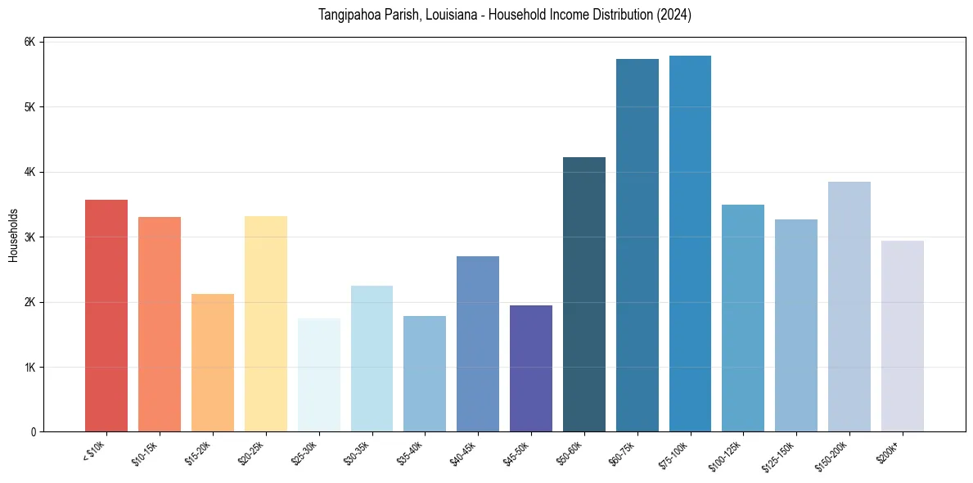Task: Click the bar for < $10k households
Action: tap(106, 315)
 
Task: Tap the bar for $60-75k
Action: tap(637, 246)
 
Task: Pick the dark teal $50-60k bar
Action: tap(584, 295)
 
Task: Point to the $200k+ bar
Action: tap(902, 336)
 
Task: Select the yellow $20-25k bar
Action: tap(266, 323)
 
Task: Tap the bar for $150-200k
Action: tap(849, 307)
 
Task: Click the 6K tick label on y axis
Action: tap(29, 42)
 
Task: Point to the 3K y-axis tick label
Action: tap(29, 237)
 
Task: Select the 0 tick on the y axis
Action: tap(33, 431)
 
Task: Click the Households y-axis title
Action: tap(13, 235)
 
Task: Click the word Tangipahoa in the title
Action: tap(349, 15)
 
